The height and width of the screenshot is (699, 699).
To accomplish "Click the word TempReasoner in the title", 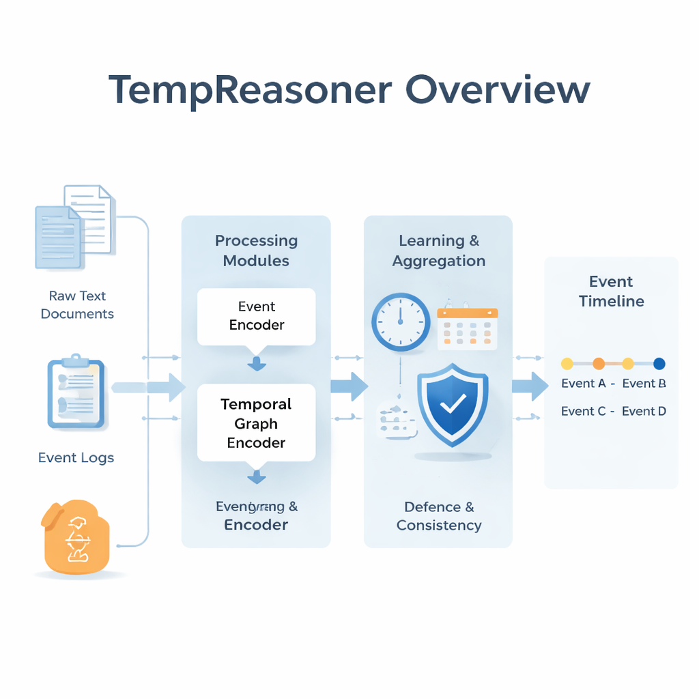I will coord(250,90).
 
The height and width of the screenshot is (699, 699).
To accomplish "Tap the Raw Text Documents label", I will coord(77,304).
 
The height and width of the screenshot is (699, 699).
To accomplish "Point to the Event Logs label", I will coord(76,457).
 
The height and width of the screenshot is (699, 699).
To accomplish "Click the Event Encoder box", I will coord(256,316).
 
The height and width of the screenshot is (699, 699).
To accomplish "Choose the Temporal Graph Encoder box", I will coord(256,423).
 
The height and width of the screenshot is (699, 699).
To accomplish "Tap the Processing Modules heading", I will coord(256,251).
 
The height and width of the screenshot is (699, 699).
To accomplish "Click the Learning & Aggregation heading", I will coord(439,251).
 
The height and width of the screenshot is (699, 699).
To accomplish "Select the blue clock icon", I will coord(401,322).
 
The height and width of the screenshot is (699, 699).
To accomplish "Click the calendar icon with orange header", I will coord(467,327).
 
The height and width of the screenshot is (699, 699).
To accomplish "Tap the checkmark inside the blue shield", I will coord(451,407).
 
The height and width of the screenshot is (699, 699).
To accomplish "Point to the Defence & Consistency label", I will coord(439,516).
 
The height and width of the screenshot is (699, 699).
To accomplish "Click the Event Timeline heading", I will coord(611,291).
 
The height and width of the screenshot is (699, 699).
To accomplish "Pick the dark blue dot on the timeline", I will coord(659,364).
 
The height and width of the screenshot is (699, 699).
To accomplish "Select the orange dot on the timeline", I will coord(599,364).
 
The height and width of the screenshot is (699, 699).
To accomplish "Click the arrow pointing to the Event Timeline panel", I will coord(530,386).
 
